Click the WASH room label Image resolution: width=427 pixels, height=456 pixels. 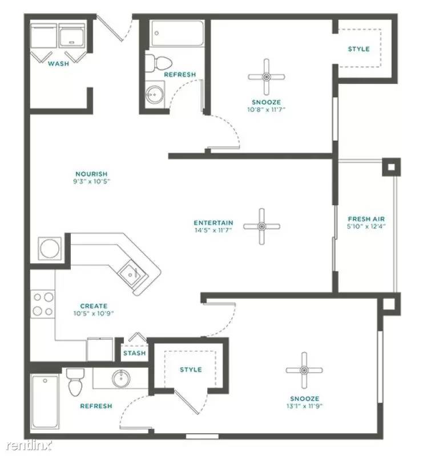59,63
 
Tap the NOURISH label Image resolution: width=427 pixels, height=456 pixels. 91,174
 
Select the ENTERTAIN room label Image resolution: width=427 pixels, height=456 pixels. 213,223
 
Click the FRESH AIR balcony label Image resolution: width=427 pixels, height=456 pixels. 366,219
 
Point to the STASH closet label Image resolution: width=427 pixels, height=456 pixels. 134,353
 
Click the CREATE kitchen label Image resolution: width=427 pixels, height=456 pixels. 94,306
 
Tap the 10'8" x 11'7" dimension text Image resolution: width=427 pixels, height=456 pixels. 266,109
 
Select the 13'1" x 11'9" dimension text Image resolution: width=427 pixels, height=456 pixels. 304,406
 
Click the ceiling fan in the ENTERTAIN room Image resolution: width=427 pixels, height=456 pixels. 261,226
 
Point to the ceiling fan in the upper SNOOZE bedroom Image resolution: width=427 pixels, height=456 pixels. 266,77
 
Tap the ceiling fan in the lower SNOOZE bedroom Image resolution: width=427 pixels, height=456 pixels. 304,370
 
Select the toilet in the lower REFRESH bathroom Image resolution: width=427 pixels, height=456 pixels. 75,382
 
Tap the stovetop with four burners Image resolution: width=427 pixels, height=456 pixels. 43,304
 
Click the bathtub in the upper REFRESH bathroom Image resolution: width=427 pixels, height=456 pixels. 177,34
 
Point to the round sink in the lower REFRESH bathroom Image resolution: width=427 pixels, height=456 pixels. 121,378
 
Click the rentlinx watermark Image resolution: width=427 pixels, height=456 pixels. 29,445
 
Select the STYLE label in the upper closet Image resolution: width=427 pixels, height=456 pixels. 358,49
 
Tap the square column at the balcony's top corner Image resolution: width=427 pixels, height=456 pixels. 391,167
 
